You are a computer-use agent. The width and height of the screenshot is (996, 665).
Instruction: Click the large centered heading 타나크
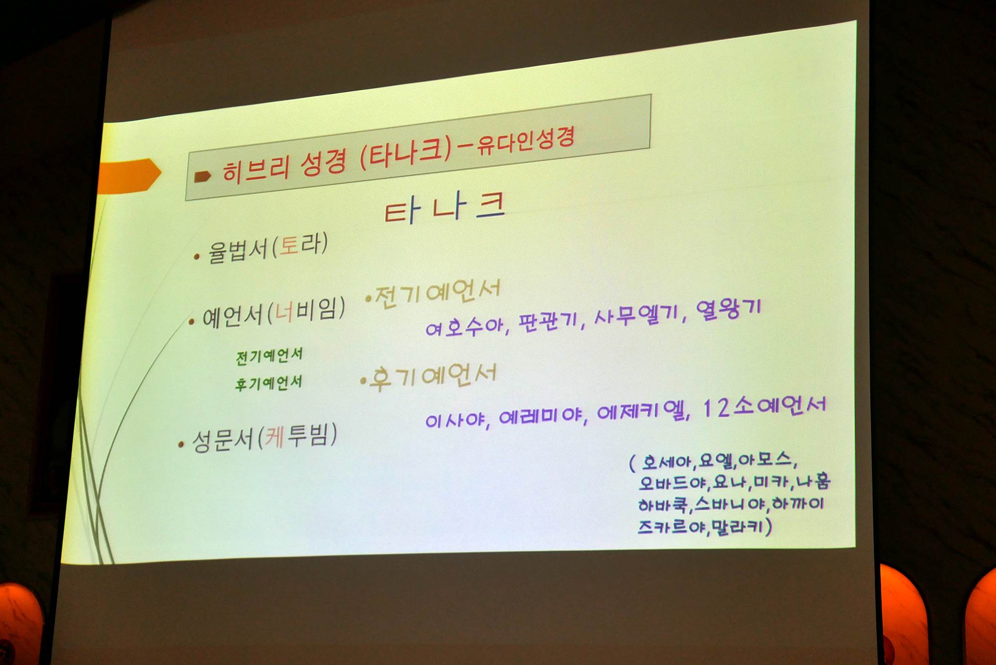point(445,208)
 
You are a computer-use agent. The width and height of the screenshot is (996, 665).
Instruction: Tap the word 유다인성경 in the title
point(526,140)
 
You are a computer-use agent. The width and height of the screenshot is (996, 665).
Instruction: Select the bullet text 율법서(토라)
point(267,247)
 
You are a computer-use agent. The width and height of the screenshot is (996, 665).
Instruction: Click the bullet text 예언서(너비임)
point(273,313)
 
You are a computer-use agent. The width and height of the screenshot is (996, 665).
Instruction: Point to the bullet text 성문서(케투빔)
point(264,438)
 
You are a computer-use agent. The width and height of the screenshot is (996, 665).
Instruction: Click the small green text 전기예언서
point(269,356)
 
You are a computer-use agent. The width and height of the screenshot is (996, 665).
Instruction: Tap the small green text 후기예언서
point(269,383)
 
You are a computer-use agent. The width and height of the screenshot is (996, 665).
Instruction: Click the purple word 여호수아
point(464,327)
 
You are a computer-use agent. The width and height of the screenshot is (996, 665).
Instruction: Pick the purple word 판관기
point(547,322)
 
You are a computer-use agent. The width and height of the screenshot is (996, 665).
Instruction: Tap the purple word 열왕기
point(729,310)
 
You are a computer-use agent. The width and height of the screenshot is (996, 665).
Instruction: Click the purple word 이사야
point(454,420)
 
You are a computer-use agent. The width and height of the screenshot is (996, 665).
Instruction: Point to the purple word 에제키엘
point(641,411)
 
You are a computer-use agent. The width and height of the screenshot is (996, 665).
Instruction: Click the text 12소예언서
point(764,406)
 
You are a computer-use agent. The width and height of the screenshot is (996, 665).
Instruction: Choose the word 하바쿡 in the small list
point(663,505)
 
